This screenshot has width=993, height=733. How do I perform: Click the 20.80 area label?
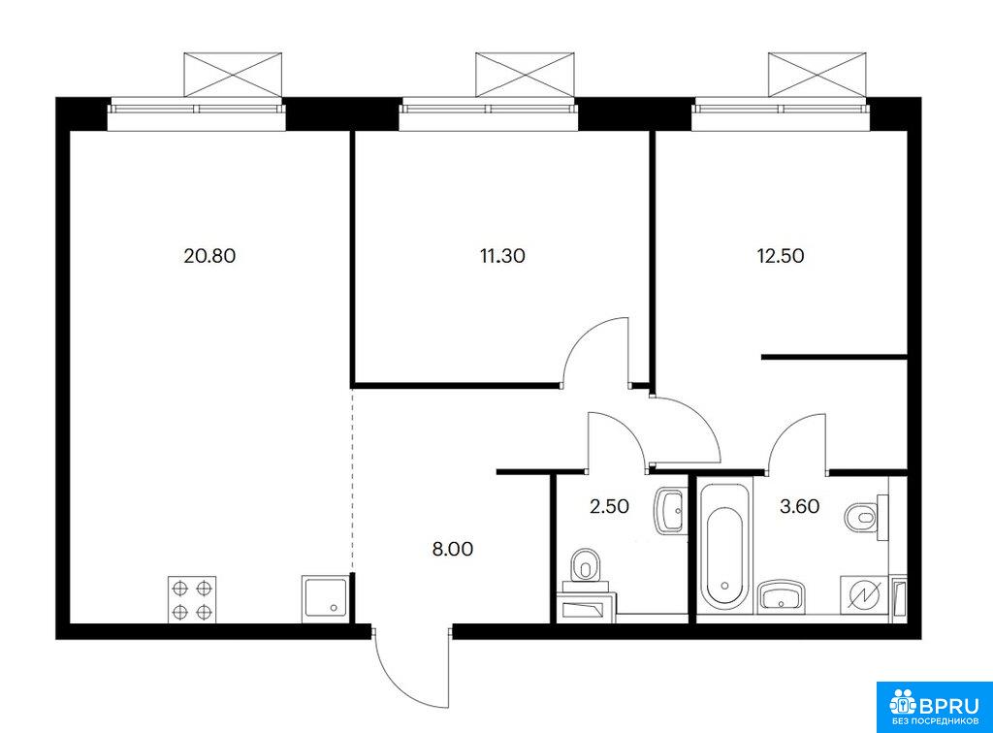[209, 257]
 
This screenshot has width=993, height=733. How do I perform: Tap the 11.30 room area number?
[500, 257]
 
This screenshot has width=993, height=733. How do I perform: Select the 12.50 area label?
[781, 257]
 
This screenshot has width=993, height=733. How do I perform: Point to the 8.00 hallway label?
[452, 549]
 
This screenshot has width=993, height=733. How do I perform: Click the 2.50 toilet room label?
[609, 505]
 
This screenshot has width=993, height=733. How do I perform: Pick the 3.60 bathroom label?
[802, 505]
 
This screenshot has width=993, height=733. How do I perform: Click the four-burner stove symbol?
[192, 598]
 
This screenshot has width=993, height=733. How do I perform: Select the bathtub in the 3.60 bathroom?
[723, 545]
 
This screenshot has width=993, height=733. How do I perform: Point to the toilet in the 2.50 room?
[586, 565]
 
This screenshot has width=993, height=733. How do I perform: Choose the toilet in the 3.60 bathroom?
[862, 515]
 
